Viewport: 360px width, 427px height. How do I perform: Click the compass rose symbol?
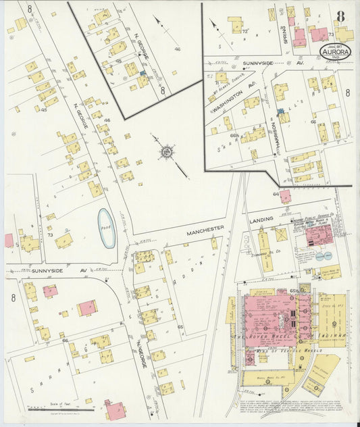165,152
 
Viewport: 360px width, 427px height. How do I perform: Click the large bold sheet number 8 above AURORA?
340,16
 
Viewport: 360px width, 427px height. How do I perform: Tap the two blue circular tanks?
324,256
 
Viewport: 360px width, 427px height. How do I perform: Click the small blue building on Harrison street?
280,111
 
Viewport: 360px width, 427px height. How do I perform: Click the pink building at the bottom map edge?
115,409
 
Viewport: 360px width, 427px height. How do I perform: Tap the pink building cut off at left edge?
9,240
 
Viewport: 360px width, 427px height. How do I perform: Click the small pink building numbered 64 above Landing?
286,196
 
